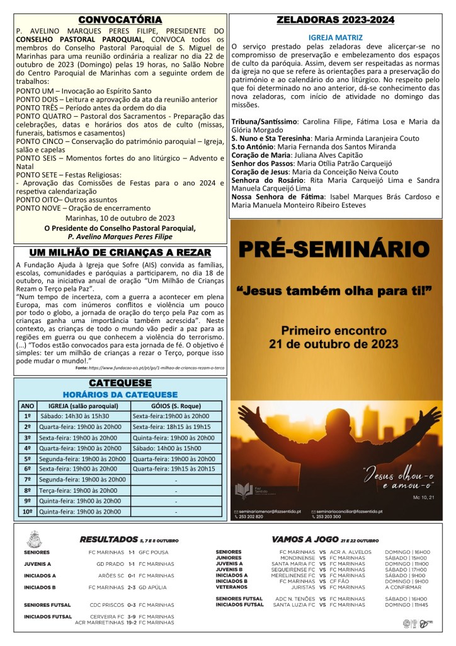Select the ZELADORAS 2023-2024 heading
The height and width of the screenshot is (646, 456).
tap(336, 20)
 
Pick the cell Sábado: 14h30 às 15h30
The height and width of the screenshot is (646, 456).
tap(75, 416)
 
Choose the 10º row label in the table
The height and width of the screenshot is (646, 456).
tap(28, 512)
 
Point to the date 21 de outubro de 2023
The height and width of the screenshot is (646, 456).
tap(334, 344)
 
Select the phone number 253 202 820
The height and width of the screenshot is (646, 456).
tap(251, 516)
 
